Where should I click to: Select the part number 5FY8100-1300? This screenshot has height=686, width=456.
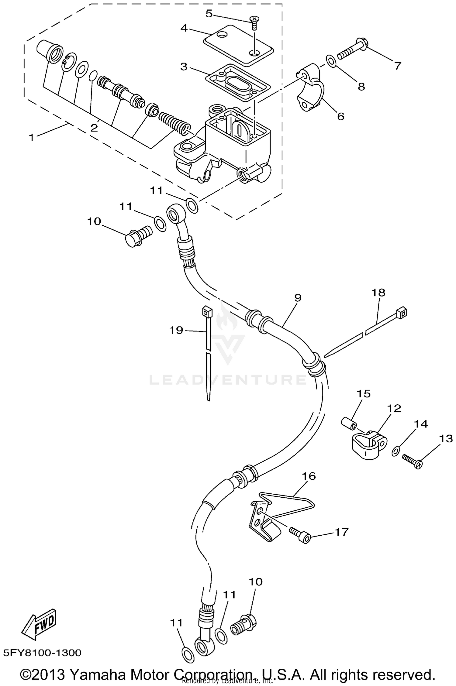pos(43,653)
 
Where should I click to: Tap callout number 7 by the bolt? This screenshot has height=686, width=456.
pos(398,66)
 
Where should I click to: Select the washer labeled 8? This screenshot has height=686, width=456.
pos(331,60)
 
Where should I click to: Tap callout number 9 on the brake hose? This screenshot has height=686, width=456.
pos(298,298)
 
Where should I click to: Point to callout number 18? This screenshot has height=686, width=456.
pos(378,293)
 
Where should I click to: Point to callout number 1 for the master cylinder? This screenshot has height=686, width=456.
pos(31,137)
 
